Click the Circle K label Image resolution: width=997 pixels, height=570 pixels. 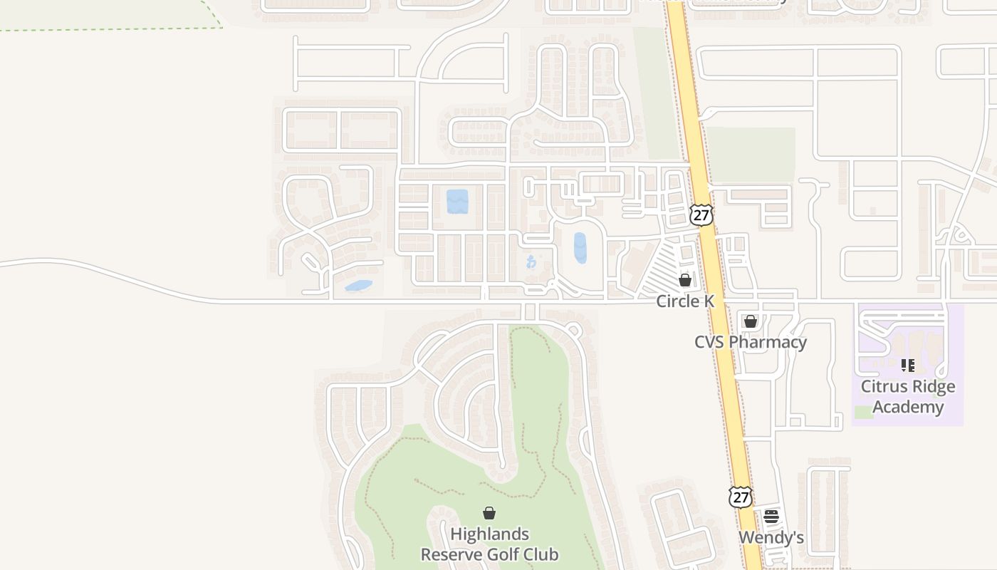tap(684, 301)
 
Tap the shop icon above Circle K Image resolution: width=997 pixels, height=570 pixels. tap(685, 280)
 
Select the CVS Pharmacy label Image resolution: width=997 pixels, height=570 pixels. tap(751, 342)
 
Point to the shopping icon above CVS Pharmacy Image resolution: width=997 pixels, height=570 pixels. tap(751, 321)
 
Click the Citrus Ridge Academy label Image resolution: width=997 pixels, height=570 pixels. tap(908, 397)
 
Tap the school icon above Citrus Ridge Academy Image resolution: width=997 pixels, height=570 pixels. tap(908, 366)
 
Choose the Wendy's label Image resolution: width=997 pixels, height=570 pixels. tap(771, 537)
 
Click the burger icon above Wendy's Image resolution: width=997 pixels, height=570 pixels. tap(771, 517)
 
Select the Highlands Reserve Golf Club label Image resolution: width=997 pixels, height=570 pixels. tap(489, 544)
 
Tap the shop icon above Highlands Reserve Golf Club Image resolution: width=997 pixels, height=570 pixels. tap(489, 513)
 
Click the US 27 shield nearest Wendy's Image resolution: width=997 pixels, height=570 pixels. tap(741, 497)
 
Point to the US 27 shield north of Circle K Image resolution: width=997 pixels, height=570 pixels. tap(701, 214)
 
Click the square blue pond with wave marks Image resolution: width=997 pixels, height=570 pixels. tap(457, 202)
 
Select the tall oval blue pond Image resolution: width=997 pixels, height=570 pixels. tap(580, 248)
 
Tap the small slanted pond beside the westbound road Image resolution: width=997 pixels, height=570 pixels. tap(358, 286)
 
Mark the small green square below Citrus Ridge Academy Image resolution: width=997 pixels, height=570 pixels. tap(863, 412)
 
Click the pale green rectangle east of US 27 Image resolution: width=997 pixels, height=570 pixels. tap(750, 155)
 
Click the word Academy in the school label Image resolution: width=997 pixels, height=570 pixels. tap(908, 407)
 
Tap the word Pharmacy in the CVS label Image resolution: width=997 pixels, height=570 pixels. tap(768, 342)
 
